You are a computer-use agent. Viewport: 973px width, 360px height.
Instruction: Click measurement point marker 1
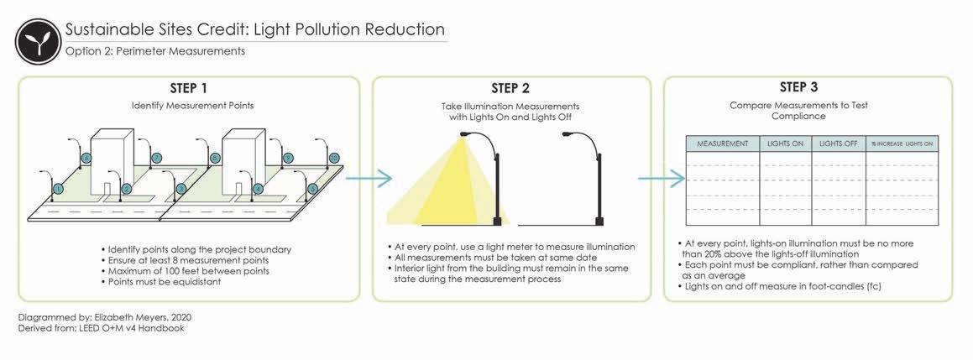58,190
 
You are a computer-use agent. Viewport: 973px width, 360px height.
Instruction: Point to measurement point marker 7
156,158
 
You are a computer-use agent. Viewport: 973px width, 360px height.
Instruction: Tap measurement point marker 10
334,158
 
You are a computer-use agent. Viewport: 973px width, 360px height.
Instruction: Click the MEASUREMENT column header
722,143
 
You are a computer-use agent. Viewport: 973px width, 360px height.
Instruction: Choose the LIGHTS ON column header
785,143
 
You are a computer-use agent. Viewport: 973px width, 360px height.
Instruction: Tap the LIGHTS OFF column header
838,143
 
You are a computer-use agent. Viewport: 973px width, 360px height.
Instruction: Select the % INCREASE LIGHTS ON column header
902,143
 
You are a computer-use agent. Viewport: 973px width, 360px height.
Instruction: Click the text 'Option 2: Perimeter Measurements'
154,51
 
